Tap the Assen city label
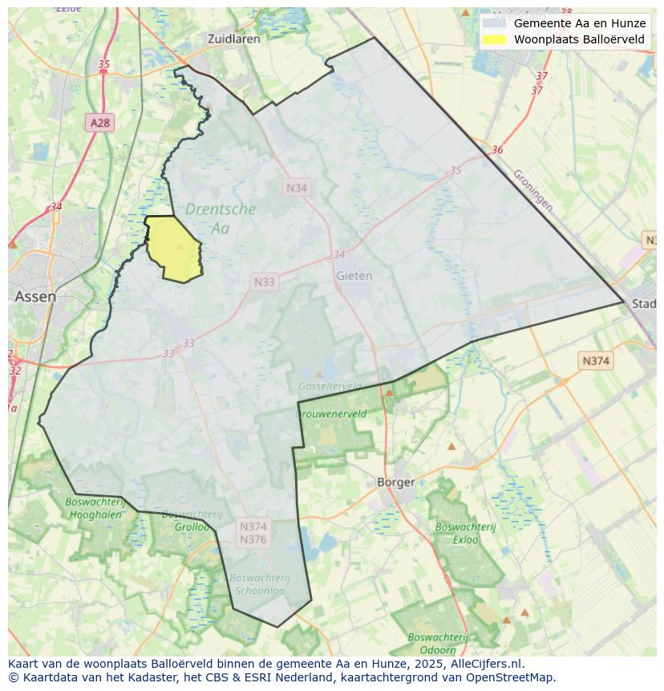coord(35,296)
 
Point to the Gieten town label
coord(354,275)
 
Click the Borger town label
coord(395,482)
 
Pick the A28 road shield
coord(100,123)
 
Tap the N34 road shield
coord(297,187)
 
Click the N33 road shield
coord(264,282)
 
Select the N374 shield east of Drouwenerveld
coord(595,361)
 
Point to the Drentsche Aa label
coord(220,218)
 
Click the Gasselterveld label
coord(329,386)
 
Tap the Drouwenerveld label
coord(331,414)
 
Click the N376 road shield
coord(253,539)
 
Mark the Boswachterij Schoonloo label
coord(259,583)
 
